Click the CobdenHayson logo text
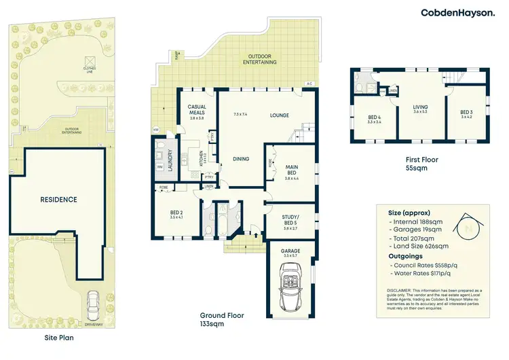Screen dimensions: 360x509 tap(461, 13)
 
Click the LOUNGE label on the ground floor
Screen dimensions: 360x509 tap(280, 115)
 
